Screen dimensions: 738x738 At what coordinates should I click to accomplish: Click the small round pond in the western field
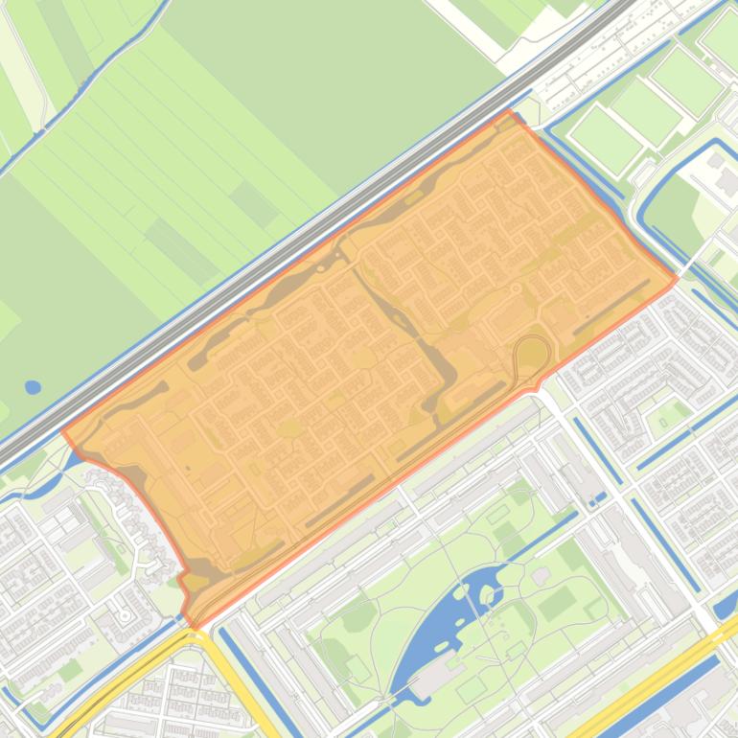33,387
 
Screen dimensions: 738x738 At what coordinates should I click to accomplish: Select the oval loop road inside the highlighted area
532,356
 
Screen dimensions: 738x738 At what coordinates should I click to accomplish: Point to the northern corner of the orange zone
509,111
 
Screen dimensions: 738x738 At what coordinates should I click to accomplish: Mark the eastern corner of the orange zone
677,279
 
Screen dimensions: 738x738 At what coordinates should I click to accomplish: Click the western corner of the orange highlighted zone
63,431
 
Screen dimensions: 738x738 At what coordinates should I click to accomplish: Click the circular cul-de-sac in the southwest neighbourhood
126,613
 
